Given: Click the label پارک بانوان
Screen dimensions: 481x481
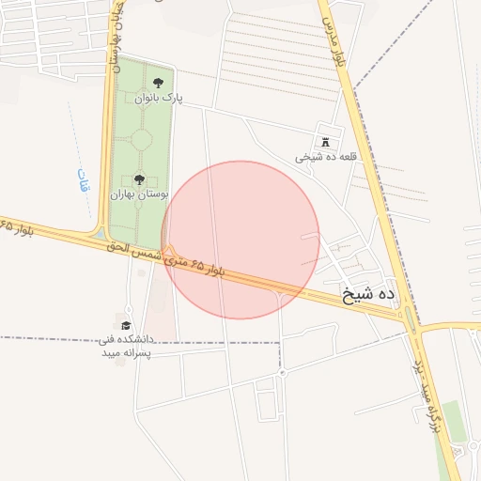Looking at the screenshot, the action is click(x=158, y=98).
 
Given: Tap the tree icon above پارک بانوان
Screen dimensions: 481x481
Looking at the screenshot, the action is click(x=157, y=84).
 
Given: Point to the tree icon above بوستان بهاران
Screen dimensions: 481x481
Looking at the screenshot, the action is click(x=139, y=178).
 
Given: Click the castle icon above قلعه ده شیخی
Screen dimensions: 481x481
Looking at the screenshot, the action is click(x=326, y=143).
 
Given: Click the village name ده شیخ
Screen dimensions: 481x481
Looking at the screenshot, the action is click(x=369, y=295).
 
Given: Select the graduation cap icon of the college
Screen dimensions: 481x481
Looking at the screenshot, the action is click(x=126, y=325).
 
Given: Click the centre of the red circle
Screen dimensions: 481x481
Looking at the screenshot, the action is click(x=240, y=240).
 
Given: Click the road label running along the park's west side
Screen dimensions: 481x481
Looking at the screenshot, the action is click(x=116, y=42).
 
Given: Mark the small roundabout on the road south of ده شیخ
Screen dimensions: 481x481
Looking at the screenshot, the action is click(x=282, y=373).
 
